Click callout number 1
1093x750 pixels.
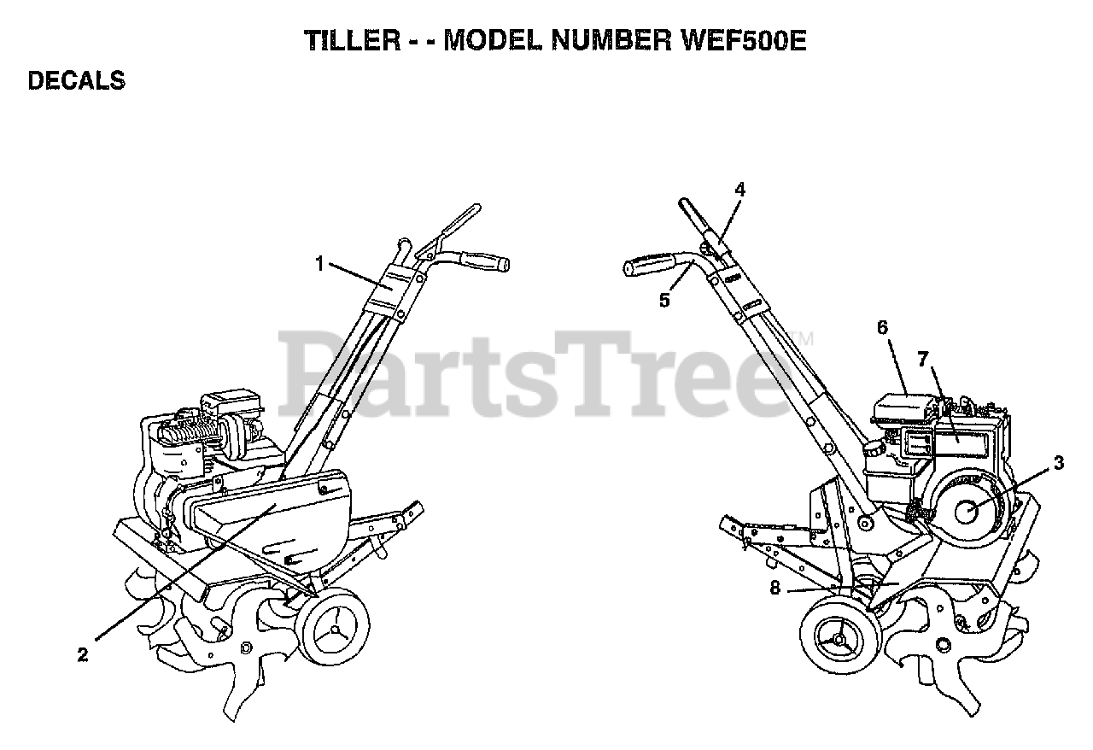[x=320, y=264]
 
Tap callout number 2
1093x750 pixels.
[x=83, y=655]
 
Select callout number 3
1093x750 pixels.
[x=1059, y=464]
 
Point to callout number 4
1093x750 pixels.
[x=740, y=190]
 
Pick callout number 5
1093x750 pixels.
[x=665, y=300]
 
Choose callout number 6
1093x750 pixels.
[x=882, y=327]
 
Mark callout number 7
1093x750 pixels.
[x=922, y=360]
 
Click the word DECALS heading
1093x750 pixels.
[x=77, y=81]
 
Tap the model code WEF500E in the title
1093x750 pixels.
[x=745, y=42]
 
